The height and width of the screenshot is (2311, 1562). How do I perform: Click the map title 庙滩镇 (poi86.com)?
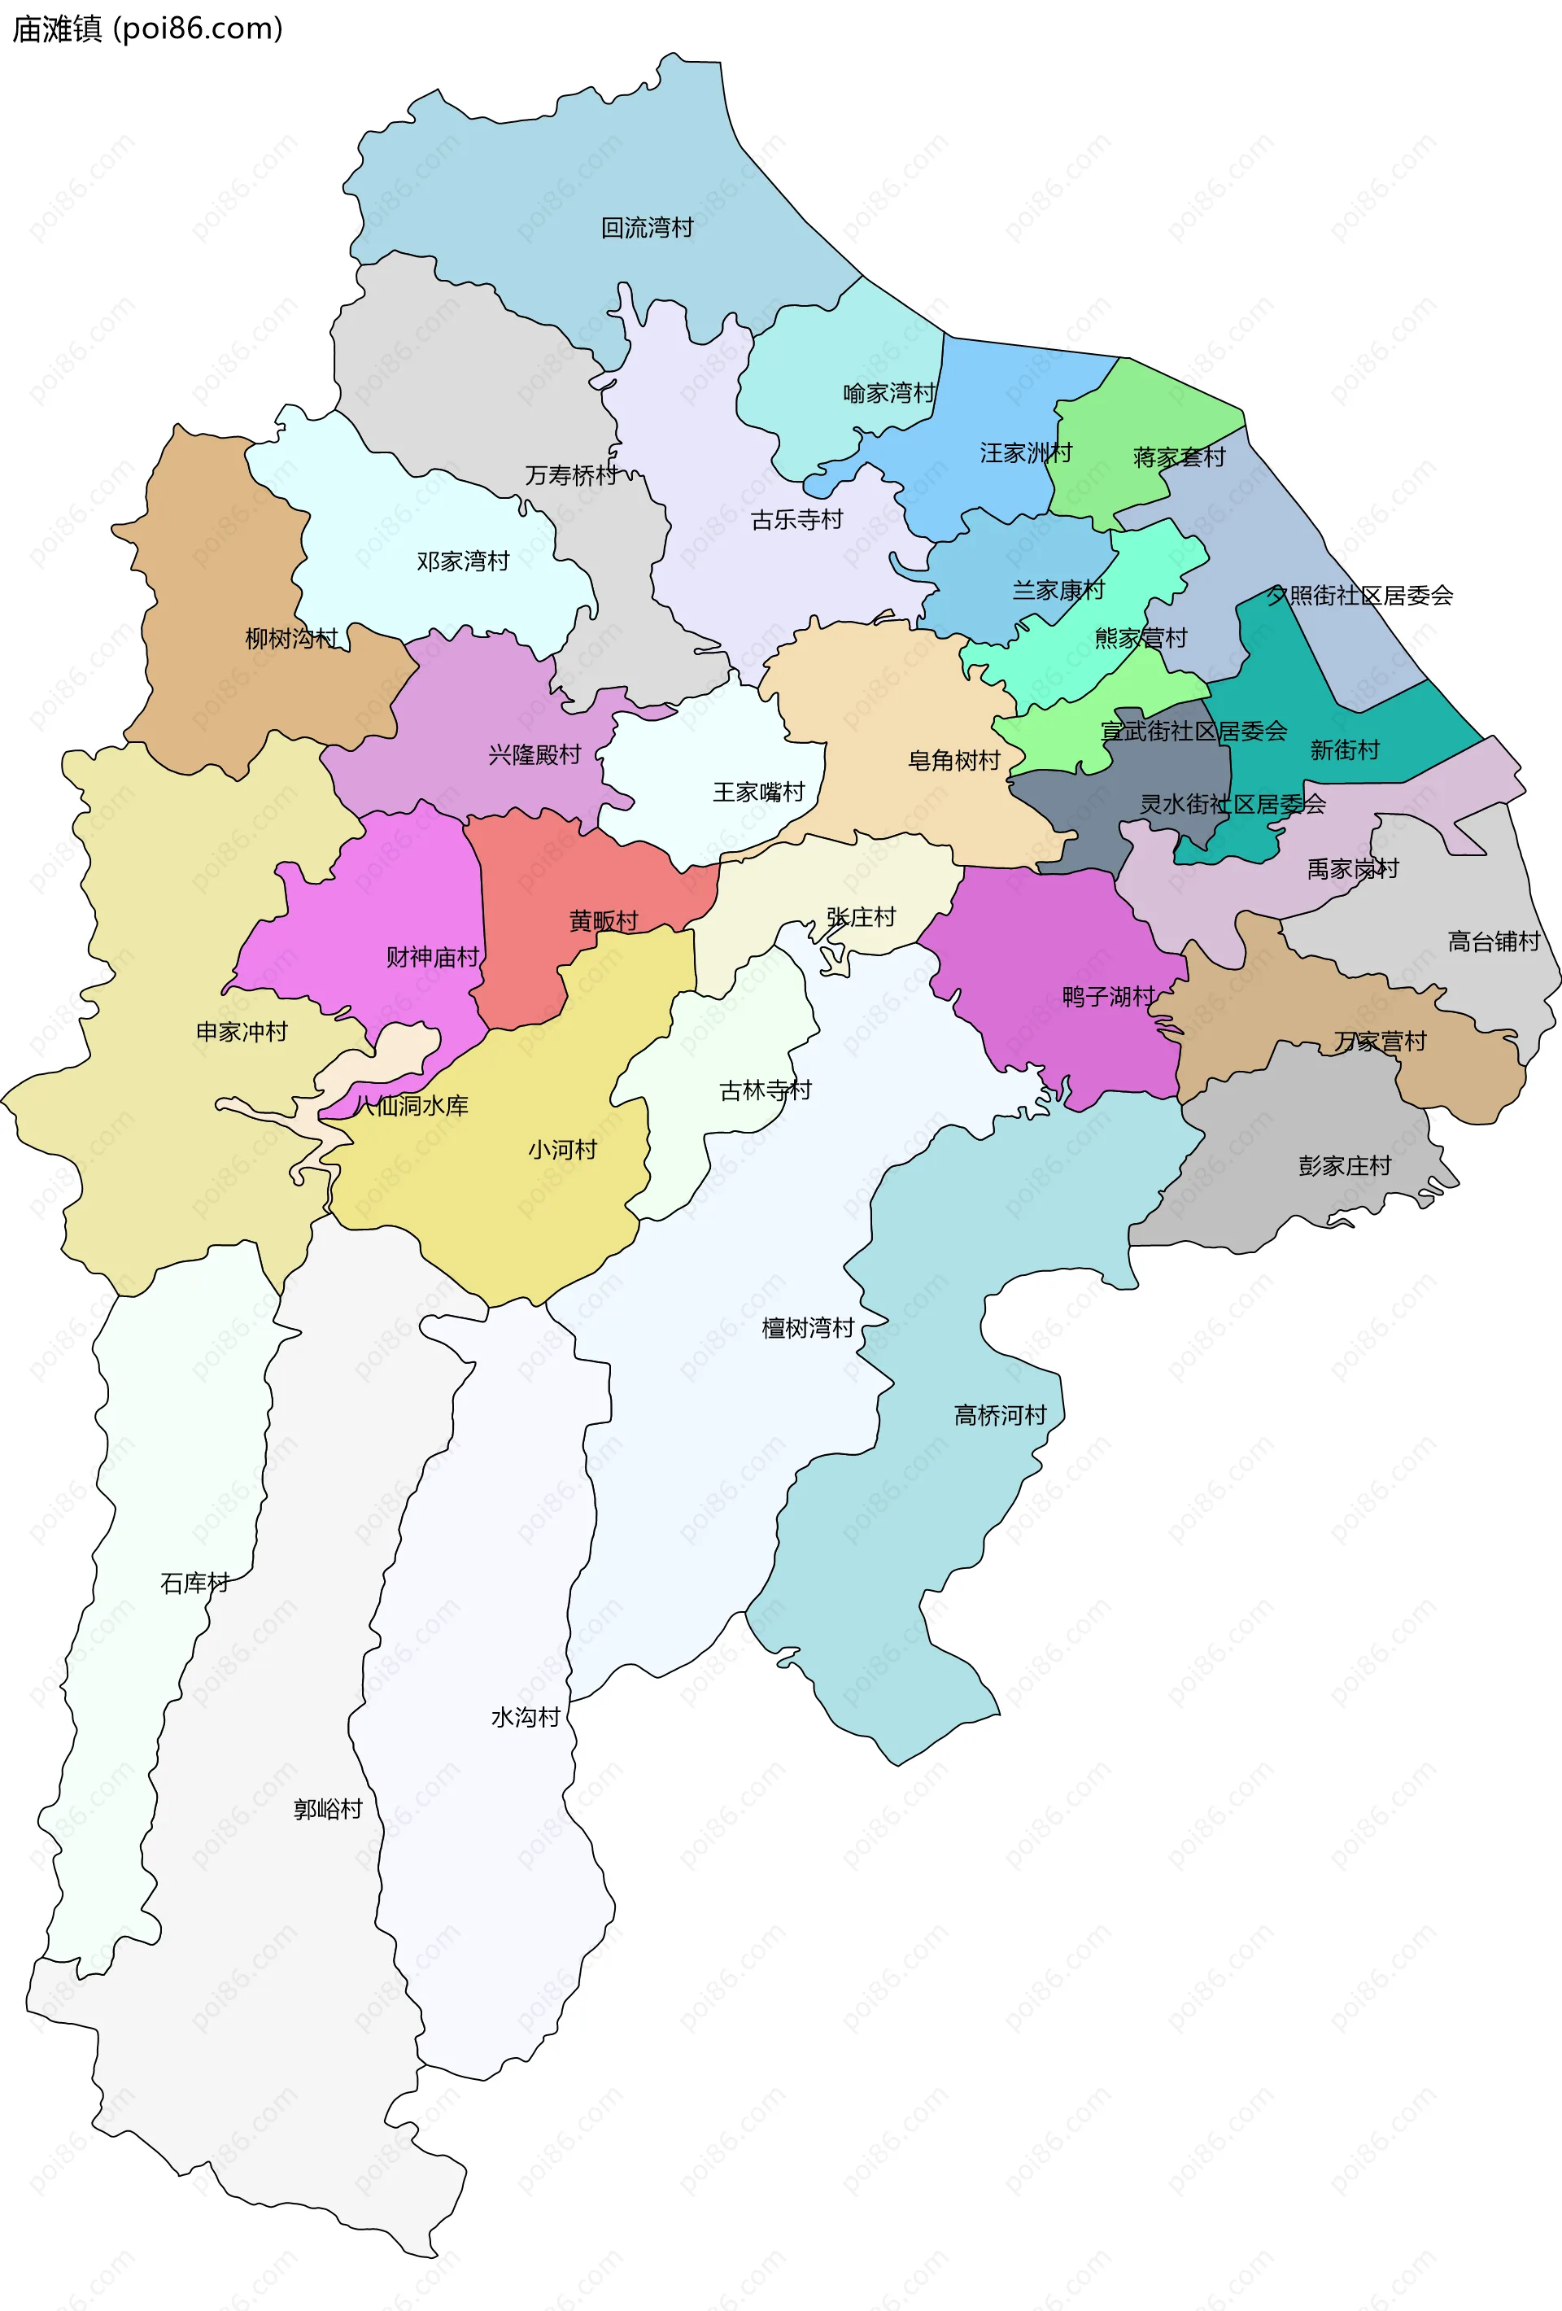tap(147, 28)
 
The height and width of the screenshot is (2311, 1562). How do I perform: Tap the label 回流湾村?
tap(648, 228)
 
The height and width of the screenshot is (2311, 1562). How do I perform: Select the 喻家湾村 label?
tap(889, 393)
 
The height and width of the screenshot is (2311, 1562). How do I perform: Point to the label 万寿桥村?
tap(571, 475)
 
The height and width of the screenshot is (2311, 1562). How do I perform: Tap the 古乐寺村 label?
tap(796, 519)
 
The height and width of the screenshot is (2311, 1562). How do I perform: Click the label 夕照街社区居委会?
tap(1359, 595)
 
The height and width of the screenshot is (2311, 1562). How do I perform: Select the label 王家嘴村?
tap(759, 792)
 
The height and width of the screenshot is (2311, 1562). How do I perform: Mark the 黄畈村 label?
tap(604, 921)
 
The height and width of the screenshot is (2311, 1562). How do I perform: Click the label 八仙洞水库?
tap(411, 1105)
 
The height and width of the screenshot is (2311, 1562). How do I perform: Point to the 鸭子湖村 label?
tap(1107, 995)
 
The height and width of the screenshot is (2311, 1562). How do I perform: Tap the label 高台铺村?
tap(1494, 941)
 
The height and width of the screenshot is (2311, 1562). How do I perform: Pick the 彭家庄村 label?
tap(1344, 1164)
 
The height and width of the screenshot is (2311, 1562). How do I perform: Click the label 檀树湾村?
tap(807, 1327)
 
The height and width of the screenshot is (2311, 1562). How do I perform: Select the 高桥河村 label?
tap(1000, 1414)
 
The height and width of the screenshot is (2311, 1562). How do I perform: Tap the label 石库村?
tap(195, 1582)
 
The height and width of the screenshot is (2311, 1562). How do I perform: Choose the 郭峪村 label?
tap(327, 1809)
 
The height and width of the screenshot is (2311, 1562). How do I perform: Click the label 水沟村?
tap(525, 1717)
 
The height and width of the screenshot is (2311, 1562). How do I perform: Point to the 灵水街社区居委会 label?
tap(1232, 803)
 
